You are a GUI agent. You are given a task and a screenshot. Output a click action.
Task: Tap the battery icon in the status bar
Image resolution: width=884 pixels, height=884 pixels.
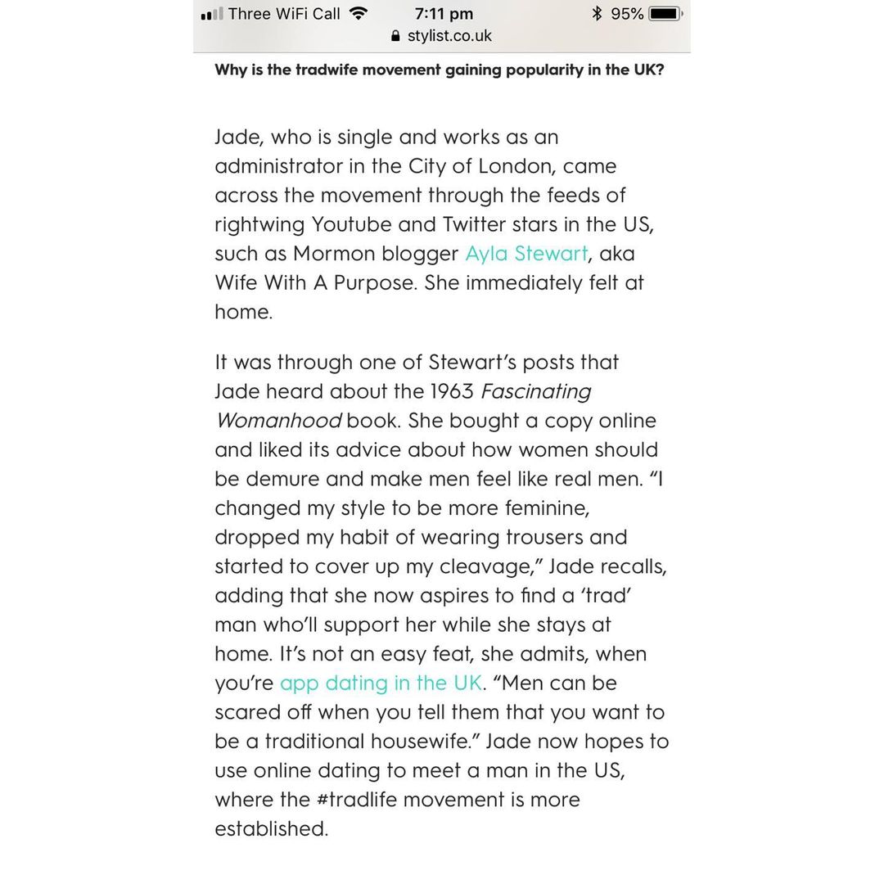coord(665,14)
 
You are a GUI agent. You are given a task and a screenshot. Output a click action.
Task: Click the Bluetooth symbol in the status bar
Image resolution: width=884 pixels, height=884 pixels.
coord(597,14)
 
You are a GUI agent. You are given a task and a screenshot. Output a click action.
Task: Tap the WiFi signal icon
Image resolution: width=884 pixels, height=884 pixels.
coord(357,13)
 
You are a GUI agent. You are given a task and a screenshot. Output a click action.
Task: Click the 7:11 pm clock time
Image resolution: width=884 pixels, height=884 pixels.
coord(444,14)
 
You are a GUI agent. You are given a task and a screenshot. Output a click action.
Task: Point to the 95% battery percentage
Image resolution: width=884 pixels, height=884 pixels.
coord(627,14)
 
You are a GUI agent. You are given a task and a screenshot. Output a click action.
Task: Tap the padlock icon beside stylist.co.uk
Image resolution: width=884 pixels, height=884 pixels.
coord(396,36)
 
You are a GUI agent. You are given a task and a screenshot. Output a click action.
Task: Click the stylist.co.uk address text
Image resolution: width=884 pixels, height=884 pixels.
coord(449,36)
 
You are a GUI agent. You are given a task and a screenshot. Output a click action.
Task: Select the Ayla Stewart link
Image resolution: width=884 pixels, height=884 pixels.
coord(526,254)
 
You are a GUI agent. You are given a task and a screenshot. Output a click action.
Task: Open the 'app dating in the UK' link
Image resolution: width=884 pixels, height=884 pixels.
coord(381,683)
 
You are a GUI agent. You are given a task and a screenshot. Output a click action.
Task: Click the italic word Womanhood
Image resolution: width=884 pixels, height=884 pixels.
coord(278,421)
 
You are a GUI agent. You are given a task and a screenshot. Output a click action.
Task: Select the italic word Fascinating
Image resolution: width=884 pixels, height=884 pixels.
coord(536,391)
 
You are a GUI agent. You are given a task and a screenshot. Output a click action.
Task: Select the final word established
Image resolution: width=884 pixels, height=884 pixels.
coord(271,829)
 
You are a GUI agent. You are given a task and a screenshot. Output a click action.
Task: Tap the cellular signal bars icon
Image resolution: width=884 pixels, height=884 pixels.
coord(211,15)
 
